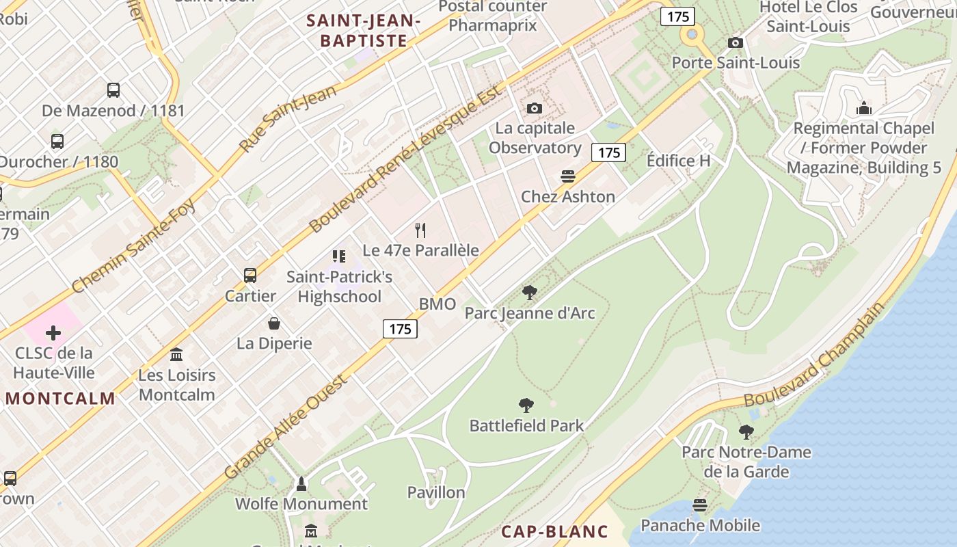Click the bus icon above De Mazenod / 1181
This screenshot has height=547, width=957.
[113, 90]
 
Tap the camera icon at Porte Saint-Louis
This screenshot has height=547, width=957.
[736, 43]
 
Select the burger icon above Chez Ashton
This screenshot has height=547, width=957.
[567, 176]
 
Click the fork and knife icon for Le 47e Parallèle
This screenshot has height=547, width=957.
[420, 230]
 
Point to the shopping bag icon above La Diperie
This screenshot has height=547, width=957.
[274, 323]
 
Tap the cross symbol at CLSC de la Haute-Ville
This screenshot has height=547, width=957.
[53, 333]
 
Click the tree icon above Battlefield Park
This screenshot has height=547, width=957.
[526, 405]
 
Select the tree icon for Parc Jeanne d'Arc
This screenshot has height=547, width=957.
[529, 293]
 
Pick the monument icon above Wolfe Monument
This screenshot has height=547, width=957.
[301, 484]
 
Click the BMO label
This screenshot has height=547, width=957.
[437, 304]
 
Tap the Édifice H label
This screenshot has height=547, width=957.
[678, 161]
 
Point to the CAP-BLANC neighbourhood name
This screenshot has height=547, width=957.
[554, 532]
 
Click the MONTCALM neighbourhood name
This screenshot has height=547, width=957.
[60, 399]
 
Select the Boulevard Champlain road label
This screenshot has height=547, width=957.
[813, 354]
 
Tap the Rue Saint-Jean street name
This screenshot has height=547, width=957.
[288, 118]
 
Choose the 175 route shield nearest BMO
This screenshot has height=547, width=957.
[400, 329]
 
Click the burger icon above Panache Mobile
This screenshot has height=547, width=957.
[699, 505]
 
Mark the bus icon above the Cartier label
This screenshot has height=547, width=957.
[250, 276]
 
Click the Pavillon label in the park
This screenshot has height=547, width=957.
[436, 492]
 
